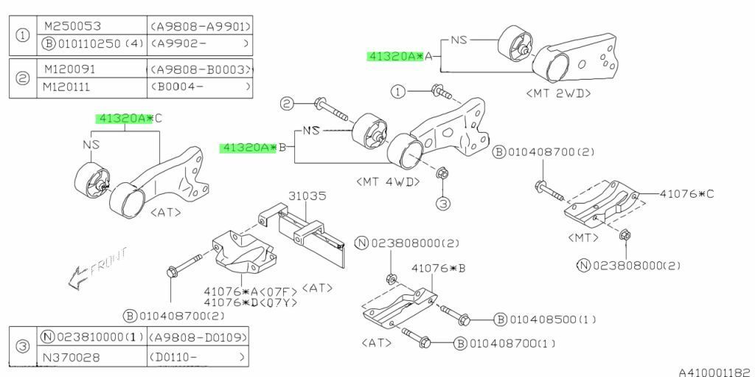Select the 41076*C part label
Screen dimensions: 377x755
[687, 194]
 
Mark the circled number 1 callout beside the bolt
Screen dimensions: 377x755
[399, 92]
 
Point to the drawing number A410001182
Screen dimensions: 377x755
[714, 372]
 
